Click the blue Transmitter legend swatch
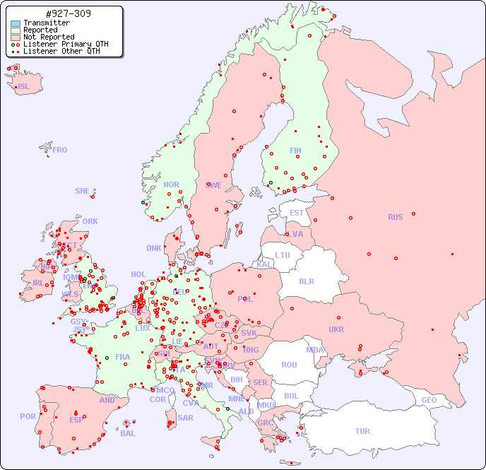(x=16, y=23)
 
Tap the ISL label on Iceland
(x=24, y=87)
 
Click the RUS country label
(x=395, y=217)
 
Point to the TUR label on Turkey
(x=362, y=431)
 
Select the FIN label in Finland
(x=295, y=151)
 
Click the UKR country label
(x=336, y=329)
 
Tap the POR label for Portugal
(x=28, y=416)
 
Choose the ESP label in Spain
(x=76, y=419)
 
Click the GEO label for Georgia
(x=429, y=400)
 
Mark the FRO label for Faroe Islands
(x=60, y=150)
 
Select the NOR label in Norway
(x=171, y=184)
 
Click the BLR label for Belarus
(x=306, y=281)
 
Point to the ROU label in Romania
(x=289, y=365)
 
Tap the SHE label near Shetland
(x=83, y=191)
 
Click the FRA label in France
(x=123, y=357)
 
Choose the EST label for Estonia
(x=297, y=213)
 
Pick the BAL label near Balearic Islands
(x=127, y=433)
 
